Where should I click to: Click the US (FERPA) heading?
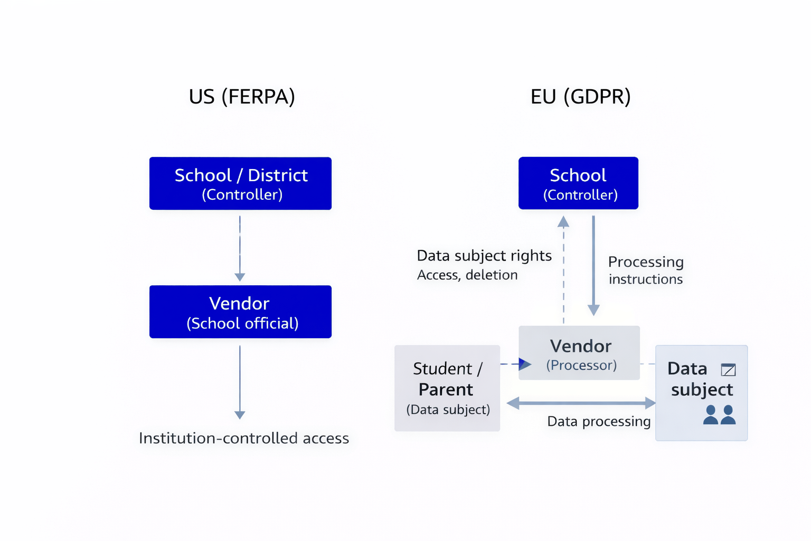242,97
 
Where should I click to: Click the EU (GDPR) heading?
580,97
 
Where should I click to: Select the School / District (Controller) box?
240,183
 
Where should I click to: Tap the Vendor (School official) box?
240,312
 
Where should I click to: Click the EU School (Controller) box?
578,183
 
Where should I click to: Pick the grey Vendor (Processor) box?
579,353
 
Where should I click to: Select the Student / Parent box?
447,388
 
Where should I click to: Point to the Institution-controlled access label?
244,438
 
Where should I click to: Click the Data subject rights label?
484,256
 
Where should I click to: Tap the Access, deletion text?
467,275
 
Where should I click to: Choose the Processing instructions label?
646,270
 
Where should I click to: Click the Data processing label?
599,422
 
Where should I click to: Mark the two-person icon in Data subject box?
719,415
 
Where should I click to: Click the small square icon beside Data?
728,370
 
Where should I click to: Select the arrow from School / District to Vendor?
240,248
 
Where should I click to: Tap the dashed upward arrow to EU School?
563,269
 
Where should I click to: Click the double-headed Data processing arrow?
581,404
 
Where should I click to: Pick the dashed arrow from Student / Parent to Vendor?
515,363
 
